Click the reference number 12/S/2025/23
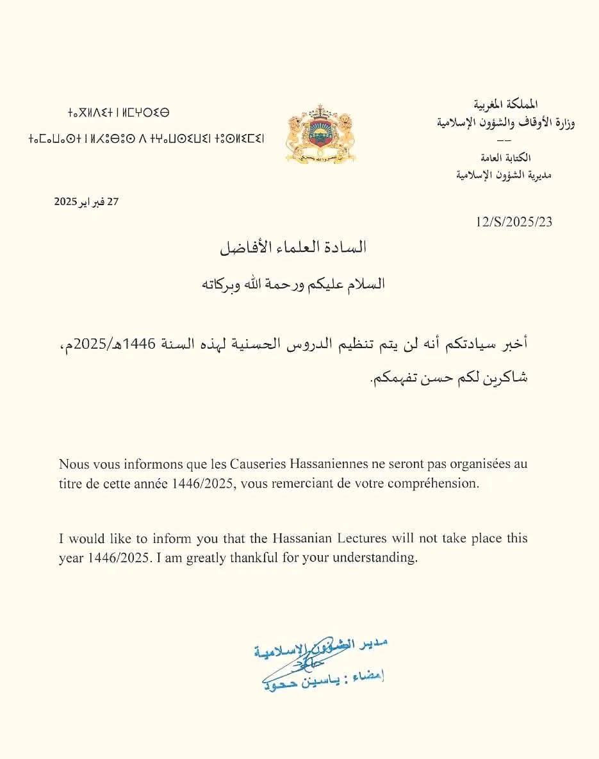tap(513, 222)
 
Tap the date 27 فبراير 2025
tap(87, 201)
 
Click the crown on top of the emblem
tap(319, 109)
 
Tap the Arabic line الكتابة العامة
tap(505, 158)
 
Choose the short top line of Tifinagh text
tap(119, 113)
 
